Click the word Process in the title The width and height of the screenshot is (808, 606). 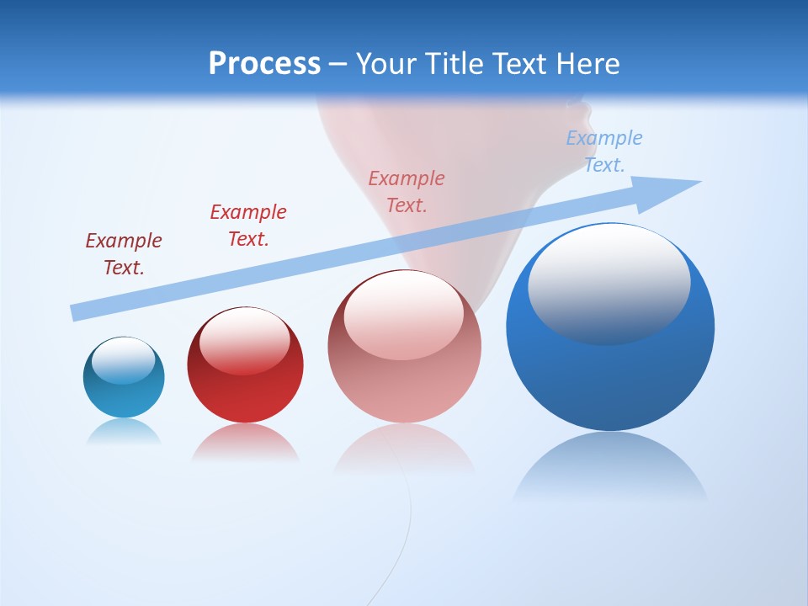point(264,64)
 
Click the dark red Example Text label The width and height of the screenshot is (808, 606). point(124,254)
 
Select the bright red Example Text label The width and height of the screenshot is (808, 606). point(248,226)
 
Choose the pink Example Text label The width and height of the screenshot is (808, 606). point(407,192)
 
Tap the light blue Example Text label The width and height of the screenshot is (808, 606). point(604,151)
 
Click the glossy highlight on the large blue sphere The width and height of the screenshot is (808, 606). point(609,282)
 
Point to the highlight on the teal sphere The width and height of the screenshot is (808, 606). point(123,360)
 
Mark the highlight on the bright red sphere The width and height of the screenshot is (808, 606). point(244,341)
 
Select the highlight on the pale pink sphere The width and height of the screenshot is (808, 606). point(403,314)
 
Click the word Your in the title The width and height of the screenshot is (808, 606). point(386,64)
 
